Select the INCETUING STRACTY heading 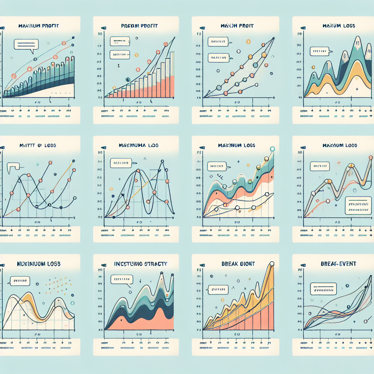(141, 263)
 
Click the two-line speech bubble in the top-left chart (26, 45)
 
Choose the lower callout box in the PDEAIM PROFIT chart (119, 55)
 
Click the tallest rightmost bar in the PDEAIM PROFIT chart (172, 75)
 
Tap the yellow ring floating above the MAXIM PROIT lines (249, 41)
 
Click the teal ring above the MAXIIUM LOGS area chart (271, 149)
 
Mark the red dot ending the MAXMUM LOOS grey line (371, 157)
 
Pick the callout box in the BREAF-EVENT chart (323, 289)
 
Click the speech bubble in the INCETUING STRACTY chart (121, 280)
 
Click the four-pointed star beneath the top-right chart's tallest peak (357, 89)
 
